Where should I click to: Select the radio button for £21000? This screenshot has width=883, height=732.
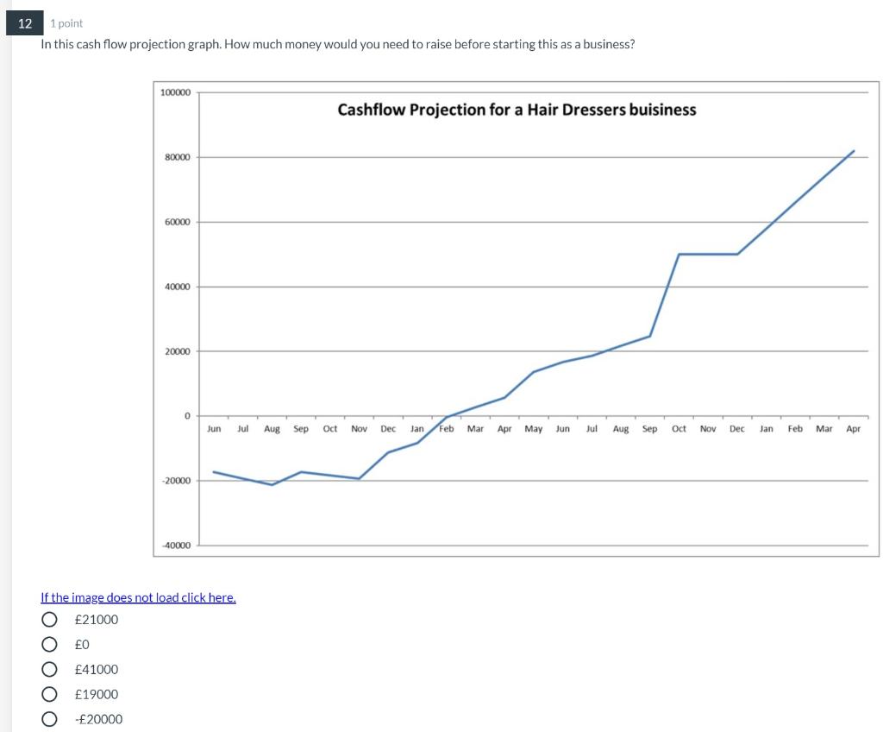[x=51, y=620]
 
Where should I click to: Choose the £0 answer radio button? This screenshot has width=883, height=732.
[x=51, y=645]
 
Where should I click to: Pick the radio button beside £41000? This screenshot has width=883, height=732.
[x=51, y=670]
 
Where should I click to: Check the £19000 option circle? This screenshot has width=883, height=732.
[x=51, y=695]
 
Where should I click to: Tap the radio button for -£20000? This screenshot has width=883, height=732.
[x=51, y=720]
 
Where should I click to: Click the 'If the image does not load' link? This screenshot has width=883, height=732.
[x=138, y=597]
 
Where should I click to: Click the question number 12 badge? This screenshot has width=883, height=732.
[x=25, y=23]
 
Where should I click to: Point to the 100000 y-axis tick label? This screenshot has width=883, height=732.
[x=176, y=91]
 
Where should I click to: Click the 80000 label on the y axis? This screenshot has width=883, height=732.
[x=178, y=157]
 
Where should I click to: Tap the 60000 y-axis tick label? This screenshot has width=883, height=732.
[x=178, y=222]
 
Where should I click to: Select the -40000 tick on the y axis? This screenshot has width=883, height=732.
[x=177, y=545]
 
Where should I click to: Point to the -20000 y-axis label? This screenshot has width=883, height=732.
[x=177, y=480]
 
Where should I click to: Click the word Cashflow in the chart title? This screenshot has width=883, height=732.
[x=370, y=110]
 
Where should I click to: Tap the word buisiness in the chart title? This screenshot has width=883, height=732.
[x=663, y=110]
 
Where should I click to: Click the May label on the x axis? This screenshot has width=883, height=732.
[x=534, y=429]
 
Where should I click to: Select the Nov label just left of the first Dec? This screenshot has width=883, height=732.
[x=359, y=429]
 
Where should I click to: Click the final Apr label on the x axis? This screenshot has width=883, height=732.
[x=854, y=429]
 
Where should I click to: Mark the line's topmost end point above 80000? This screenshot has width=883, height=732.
[x=854, y=151]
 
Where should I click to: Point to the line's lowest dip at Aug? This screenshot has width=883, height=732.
[x=272, y=484]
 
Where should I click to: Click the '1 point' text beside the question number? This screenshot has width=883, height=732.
[x=66, y=23]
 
